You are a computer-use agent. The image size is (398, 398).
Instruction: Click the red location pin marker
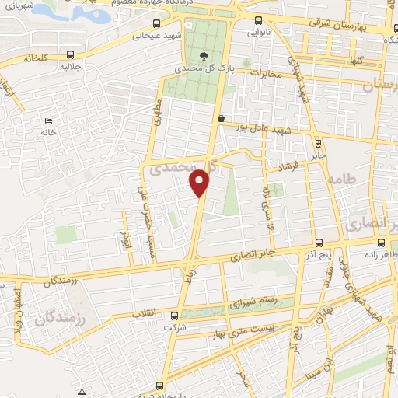pyautogui.click(x=201, y=182)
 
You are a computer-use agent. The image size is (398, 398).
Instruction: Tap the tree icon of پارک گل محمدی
pyautogui.click(x=204, y=55)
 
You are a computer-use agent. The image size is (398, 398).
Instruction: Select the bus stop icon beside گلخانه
pyautogui.click(x=71, y=54)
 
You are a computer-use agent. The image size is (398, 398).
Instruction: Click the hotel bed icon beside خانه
pyautogui.click(x=48, y=120)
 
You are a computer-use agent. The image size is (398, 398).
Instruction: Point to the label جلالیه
pyautogui.click(x=71, y=67)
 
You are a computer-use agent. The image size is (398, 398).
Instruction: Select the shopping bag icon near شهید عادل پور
pyautogui.click(x=222, y=119)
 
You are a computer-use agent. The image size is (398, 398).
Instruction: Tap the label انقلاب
pyautogui.click(x=145, y=312)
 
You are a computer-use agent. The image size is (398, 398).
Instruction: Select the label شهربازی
pyautogui.click(x=18, y=7)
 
